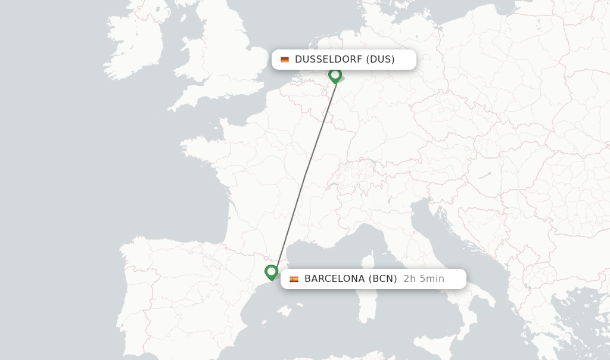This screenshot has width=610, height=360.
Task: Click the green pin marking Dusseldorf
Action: [x=335, y=75]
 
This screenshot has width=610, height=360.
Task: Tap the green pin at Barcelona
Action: [x=271, y=272]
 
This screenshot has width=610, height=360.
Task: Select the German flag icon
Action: [x=285, y=60]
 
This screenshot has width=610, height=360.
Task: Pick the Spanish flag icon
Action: [x=294, y=279]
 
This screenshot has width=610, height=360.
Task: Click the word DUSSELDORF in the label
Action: [x=328, y=60]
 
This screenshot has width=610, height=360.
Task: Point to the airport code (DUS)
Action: [x=380, y=60]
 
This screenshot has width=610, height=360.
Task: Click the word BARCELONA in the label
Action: [x=334, y=279]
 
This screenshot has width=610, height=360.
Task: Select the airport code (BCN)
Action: [x=382, y=279]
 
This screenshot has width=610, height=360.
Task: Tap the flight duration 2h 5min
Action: [x=424, y=279]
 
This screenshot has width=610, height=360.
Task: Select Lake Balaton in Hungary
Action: [x=484, y=176]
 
